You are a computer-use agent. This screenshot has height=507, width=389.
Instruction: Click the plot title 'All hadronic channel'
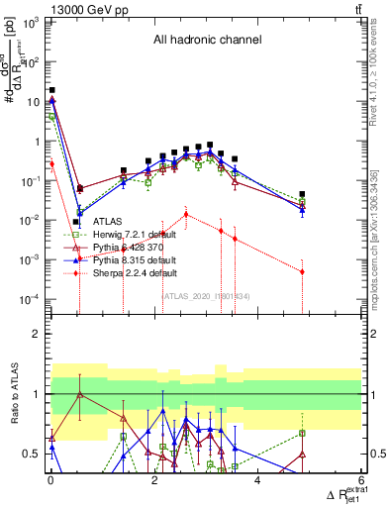pyautogui.click(x=207, y=41)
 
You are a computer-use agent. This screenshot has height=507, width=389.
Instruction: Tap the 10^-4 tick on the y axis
pyautogui.click(x=31, y=299)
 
